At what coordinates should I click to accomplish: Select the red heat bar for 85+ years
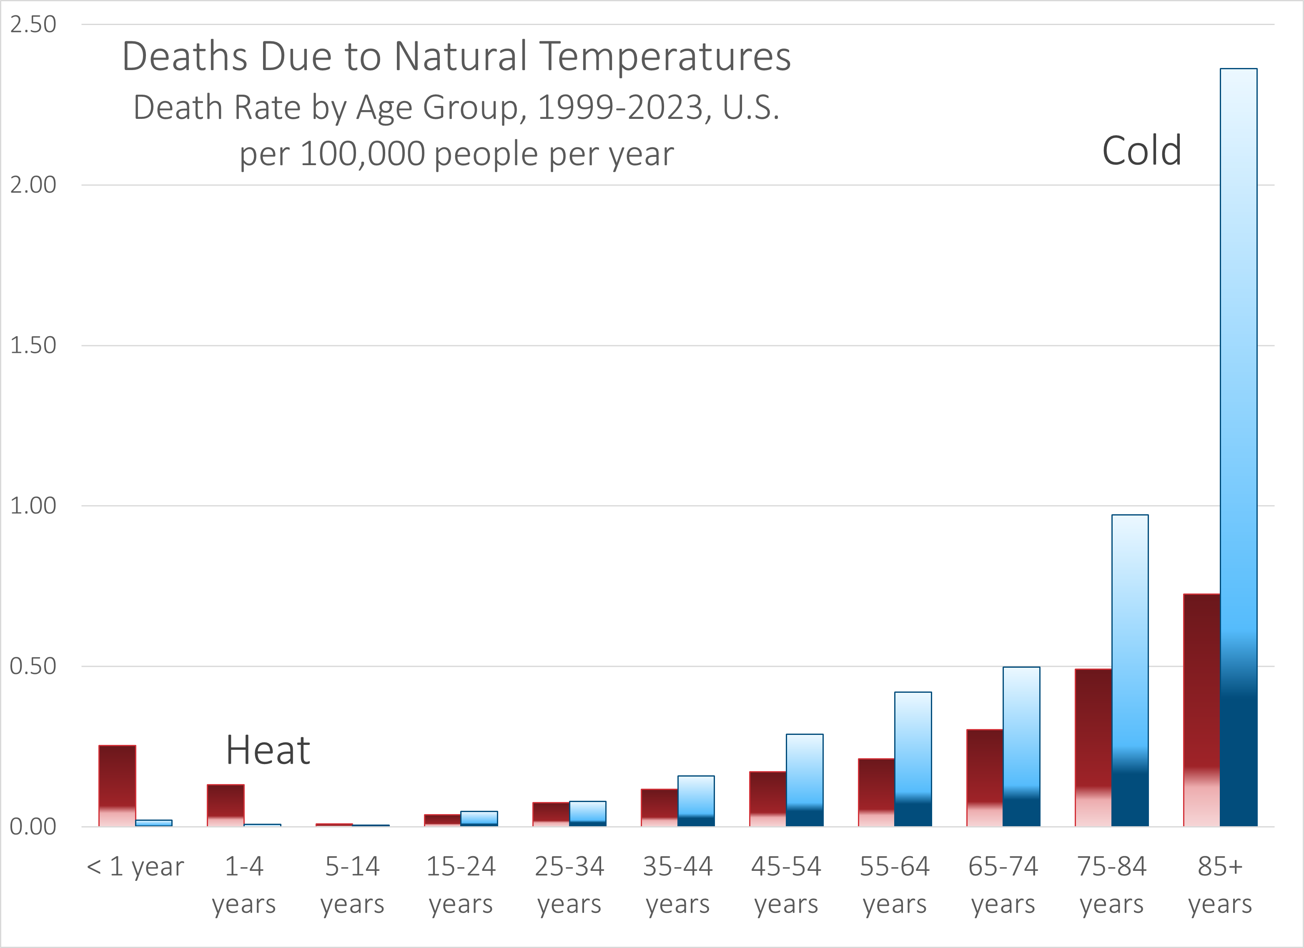[1202, 710]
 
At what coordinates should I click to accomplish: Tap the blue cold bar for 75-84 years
[1130, 670]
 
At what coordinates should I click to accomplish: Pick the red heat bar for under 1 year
[117, 786]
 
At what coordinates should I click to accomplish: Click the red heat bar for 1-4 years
[226, 805]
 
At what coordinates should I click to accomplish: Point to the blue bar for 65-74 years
[1021, 747]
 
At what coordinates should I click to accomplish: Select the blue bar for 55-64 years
[913, 759]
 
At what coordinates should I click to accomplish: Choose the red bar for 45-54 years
[767, 799]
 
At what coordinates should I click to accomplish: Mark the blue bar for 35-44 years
[696, 801]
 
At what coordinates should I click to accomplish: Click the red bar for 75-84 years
[1093, 748]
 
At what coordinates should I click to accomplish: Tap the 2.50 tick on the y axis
[33, 25]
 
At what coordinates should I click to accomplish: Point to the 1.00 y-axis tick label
[33, 505]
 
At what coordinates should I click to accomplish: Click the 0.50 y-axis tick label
[33, 666]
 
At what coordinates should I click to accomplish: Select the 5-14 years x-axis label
[352, 885]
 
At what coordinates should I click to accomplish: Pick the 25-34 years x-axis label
[569, 885]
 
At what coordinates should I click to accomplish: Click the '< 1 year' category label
[135, 866]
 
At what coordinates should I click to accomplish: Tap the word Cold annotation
[1141, 151]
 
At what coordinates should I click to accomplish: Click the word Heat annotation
[268, 750]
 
